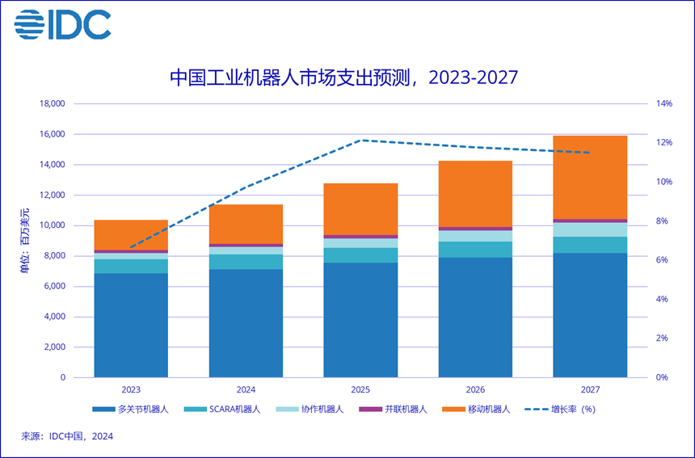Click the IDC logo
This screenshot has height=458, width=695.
pos(62,26)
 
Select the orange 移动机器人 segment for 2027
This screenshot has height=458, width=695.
pos(590,177)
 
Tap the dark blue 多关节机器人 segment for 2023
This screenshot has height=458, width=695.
pos(131,325)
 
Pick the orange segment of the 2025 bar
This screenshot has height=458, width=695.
pos(360,209)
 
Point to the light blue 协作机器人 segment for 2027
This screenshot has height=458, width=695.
pos(590,229)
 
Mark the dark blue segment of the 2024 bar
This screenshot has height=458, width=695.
pos(246,323)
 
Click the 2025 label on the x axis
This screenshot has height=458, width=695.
pos(360,389)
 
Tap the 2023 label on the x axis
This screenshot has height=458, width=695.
pos(131,389)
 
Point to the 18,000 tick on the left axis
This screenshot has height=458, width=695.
pos(53,104)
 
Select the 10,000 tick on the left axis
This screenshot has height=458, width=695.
pos(53,225)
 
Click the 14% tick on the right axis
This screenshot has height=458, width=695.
pos(663,104)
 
